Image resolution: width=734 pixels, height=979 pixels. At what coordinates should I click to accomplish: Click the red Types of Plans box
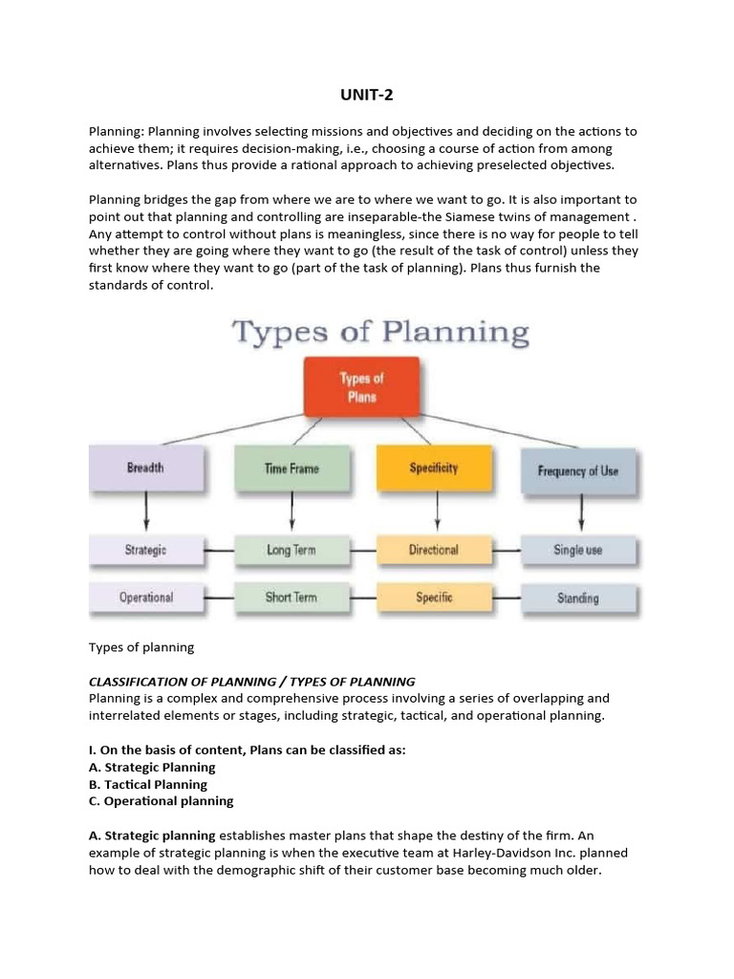pyautogui.click(x=360, y=386)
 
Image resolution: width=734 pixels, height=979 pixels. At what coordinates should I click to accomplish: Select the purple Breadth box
pyautogui.click(x=145, y=468)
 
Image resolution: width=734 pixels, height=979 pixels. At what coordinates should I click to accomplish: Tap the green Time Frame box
pyautogui.click(x=291, y=468)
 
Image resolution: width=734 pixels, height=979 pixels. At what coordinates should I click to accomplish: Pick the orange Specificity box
pyautogui.click(x=434, y=468)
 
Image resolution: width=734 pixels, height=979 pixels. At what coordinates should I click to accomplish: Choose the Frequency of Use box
pyautogui.click(x=578, y=471)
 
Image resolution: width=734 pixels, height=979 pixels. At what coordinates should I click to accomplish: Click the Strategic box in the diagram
pyautogui.click(x=145, y=550)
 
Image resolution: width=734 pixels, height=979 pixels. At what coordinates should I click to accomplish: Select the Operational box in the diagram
pyautogui.click(x=145, y=598)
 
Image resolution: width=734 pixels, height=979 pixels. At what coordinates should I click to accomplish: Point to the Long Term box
pyautogui.click(x=291, y=550)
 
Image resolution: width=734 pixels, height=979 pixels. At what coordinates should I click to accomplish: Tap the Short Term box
pyautogui.click(x=291, y=598)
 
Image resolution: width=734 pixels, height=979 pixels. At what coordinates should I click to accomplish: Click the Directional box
pyautogui.click(x=434, y=550)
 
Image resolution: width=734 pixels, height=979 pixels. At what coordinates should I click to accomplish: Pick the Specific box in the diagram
pyautogui.click(x=434, y=598)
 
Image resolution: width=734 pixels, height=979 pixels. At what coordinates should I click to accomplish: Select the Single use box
pyautogui.click(x=578, y=550)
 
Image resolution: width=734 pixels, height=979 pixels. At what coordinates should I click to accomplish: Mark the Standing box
pyautogui.click(x=578, y=598)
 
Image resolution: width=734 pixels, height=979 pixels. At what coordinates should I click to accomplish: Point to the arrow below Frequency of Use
pyautogui.click(x=581, y=514)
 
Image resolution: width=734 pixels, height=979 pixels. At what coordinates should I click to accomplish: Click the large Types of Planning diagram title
pyautogui.click(x=380, y=334)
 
